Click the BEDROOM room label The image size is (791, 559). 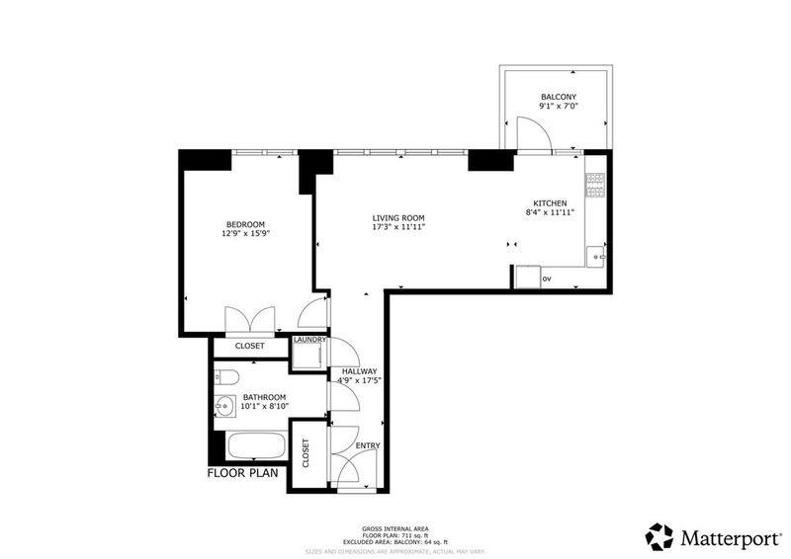[245, 224]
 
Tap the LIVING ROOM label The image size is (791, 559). [398, 218]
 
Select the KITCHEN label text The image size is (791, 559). [550, 203]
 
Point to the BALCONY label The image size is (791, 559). [559, 97]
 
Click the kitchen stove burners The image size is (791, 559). [595, 185]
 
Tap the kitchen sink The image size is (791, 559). [596, 257]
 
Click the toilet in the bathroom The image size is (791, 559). [225, 377]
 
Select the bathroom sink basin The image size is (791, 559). [224, 405]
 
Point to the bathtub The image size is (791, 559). [257, 445]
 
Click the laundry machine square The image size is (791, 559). [309, 357]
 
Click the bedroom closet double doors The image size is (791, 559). [250, 320]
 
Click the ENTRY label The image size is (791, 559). [368, 445]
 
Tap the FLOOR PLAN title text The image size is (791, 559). [242, 473]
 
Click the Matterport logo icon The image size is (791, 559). [659, 537]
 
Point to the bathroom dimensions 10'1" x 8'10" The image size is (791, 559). [264, 406]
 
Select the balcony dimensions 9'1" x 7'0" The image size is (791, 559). [559, 106]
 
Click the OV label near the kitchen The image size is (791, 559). [547, 279]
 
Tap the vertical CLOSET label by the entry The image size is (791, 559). [306, 452]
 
